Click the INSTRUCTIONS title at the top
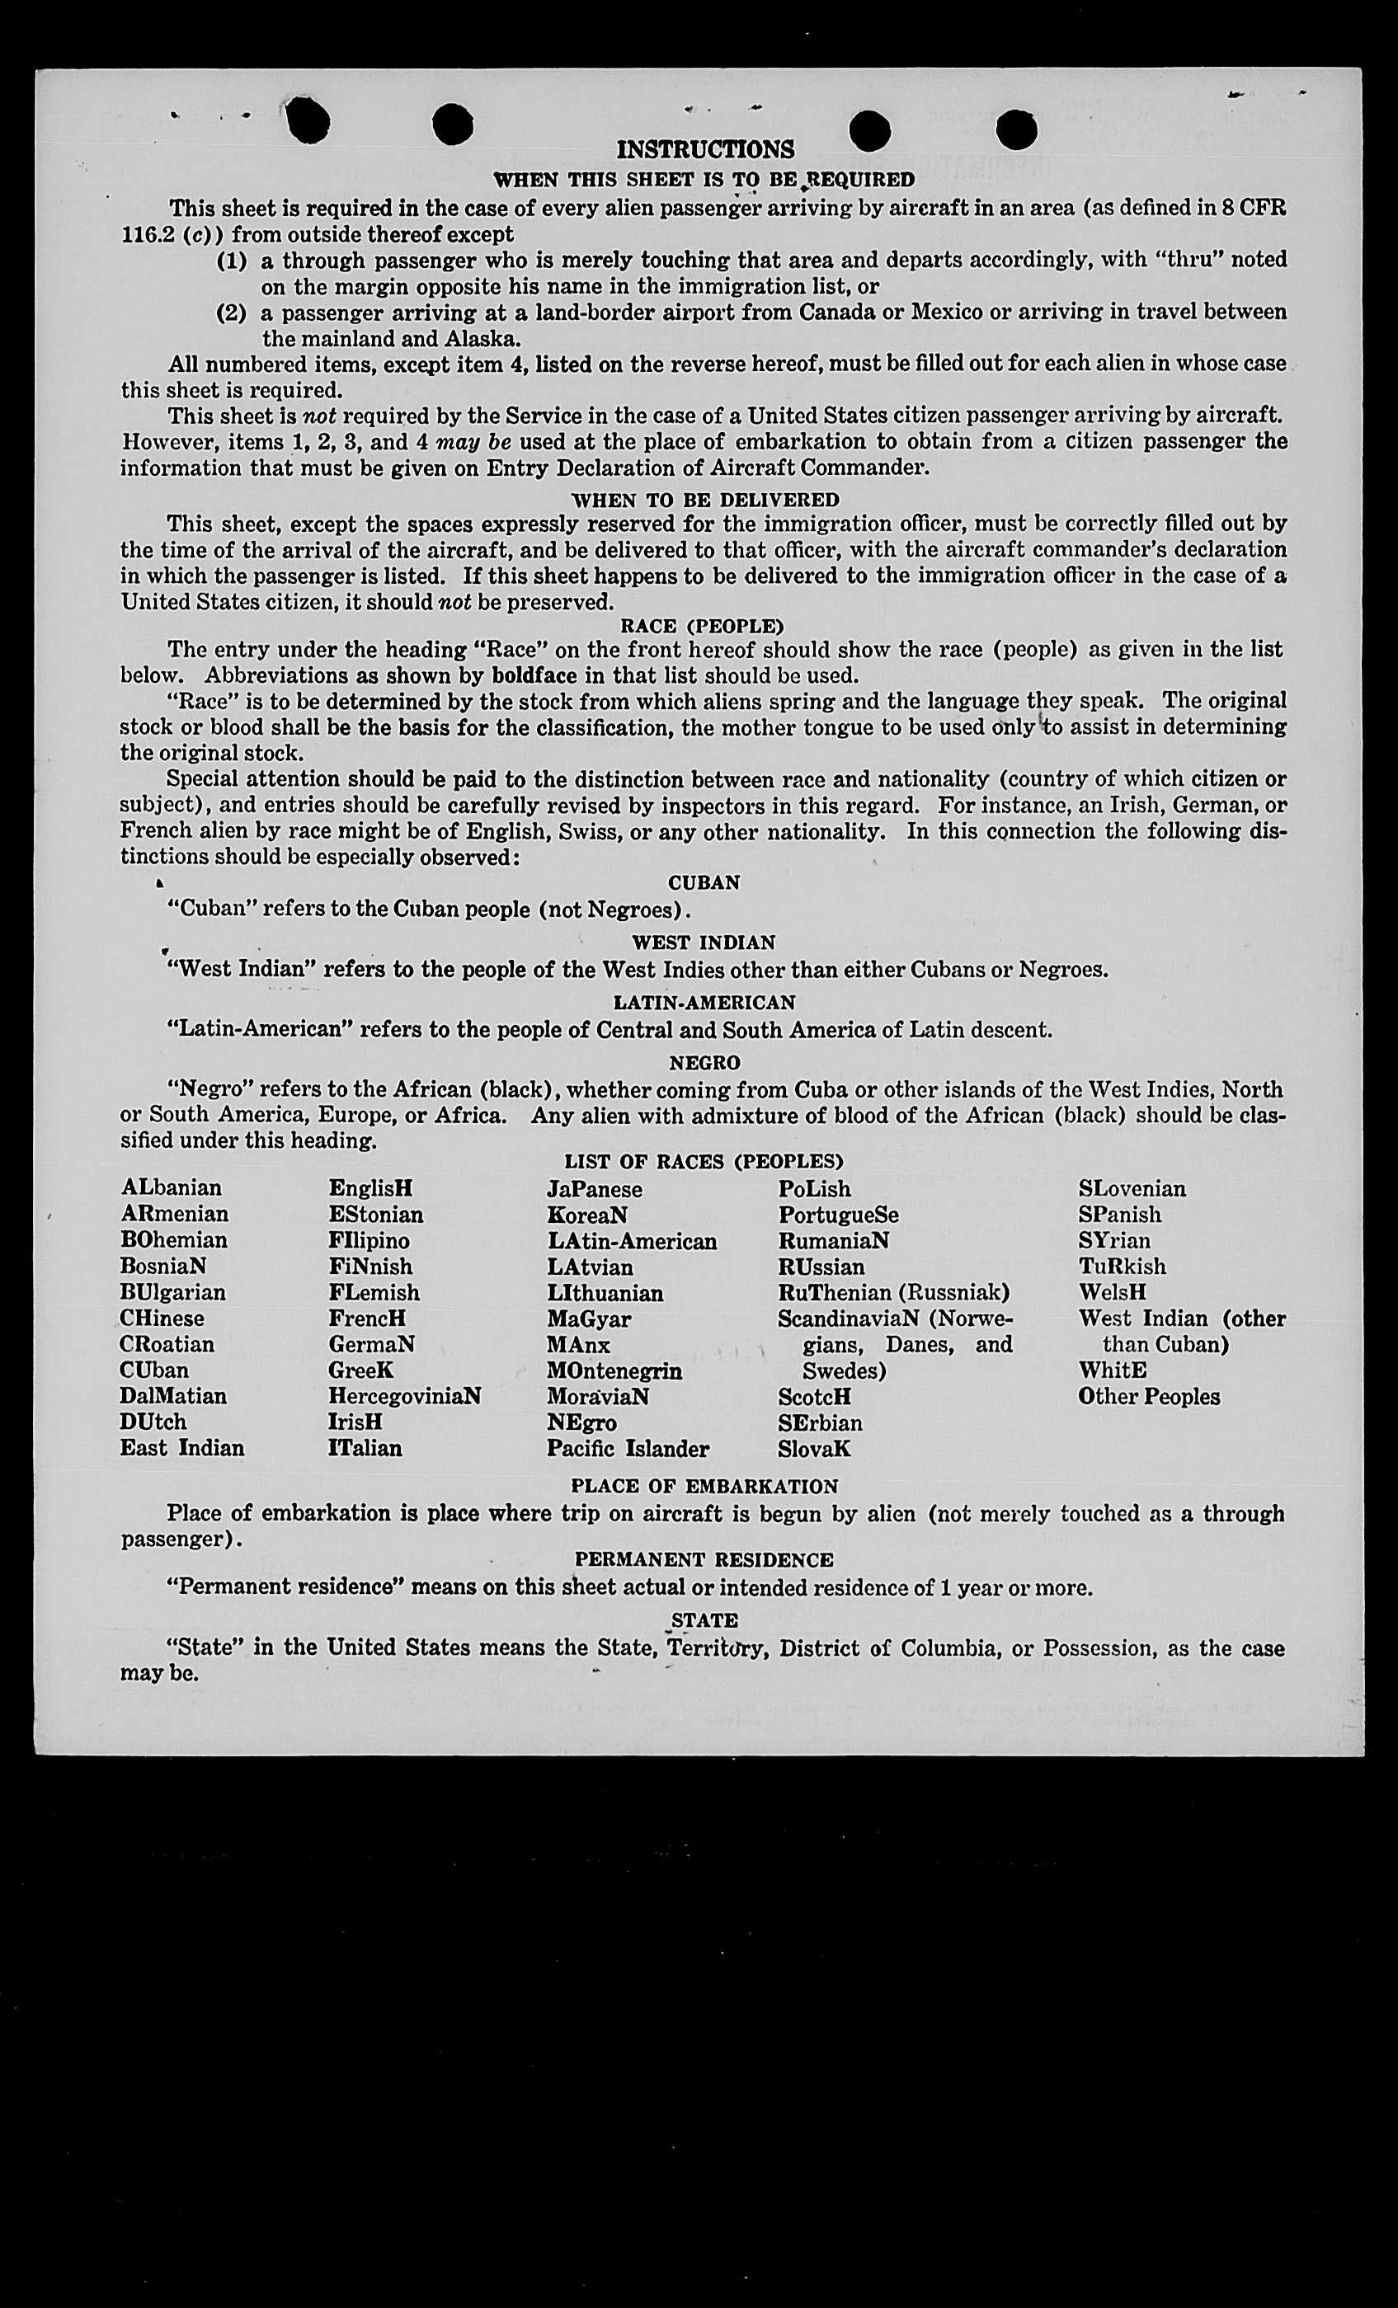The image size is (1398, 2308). pyautogui.click(x=704, y=150)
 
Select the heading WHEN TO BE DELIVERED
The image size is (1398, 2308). pyautogui.click(x=704, y=501)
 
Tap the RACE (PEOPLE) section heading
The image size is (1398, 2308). pyautogui.click(x=703, y=626)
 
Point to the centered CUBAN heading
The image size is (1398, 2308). pyautogui.click(x=704, y=883)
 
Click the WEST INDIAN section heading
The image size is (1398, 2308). pyautogui.click(x=704, y=943)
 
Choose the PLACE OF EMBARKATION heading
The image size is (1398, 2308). pyautogui.click(x=704, y=1487)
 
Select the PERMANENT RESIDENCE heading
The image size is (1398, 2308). pyautogui.click(x=704, y=1559)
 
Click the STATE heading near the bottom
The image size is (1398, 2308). pyautogui.click(x=704, y=1620)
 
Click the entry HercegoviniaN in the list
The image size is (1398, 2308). pyautogui.click(x=405, y=1396)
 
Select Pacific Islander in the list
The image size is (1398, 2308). pyautogui.click(x=628, y=1449)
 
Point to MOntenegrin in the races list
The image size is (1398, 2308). pyautogui.click(x=614, y=1370)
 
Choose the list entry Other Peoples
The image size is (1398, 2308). pyautogui.click(x=1149, y=1397)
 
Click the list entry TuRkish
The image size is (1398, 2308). pyautogui.click(x=1123, y=1267)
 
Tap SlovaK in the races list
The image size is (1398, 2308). pyautogui.click(x=814, y=1449)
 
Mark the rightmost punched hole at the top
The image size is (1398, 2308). pyautogui.click(x=1017, y=130)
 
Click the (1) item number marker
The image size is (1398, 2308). pyautogui.click(x=232, y=261)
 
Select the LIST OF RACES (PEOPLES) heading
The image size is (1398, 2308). pyautogui.click(x=704, y=1163)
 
